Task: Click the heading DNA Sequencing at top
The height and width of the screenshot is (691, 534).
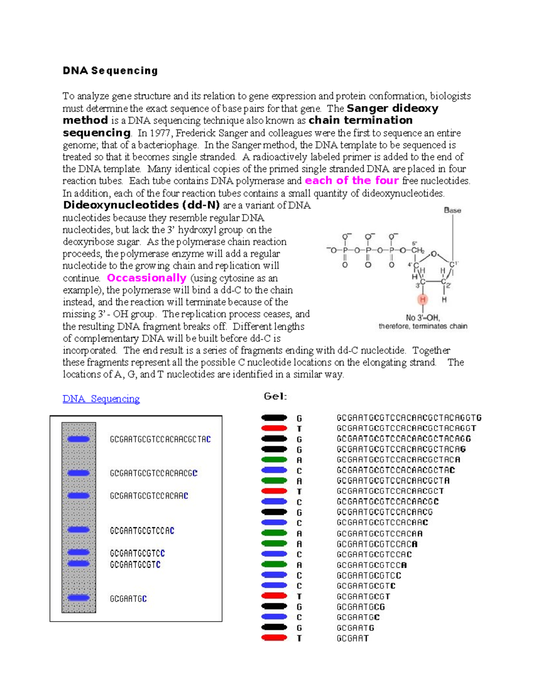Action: [x=110, y=71]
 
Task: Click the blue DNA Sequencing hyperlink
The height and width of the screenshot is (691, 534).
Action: [x=101, y=399]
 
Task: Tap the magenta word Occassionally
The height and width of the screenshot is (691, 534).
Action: [x=146, y=278]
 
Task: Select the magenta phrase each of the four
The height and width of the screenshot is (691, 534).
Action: [x=352, y=181]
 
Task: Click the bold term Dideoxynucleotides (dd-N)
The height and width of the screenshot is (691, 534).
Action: [x=142, y=205]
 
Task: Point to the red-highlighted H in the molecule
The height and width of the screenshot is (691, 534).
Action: [x=422, y=299]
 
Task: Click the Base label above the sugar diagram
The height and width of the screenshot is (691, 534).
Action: [x=452, y=210]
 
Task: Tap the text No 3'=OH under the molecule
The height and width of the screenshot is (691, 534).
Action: [x=422, y=318]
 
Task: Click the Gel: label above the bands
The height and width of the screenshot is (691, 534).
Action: [x=275, y=396]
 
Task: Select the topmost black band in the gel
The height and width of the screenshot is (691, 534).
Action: [x=274, y=418]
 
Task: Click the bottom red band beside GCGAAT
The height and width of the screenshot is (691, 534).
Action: [x=274, y=638]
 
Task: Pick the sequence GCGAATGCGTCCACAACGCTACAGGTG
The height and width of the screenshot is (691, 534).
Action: [x=409, y=418]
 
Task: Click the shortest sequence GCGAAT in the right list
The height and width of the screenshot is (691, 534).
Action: [x=352, y=638]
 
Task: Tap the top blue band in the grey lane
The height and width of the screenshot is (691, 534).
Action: [x=78, y=439]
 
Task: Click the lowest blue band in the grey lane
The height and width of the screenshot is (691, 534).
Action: [x=78, y=598]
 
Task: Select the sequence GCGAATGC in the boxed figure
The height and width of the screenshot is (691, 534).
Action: [x=128, y=599]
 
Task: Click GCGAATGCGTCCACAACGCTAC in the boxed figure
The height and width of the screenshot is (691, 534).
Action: [x=160, y=440]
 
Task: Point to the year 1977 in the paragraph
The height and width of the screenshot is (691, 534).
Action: [x=160, y=133]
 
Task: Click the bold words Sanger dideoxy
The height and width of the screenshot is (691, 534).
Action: [x=392, y=109]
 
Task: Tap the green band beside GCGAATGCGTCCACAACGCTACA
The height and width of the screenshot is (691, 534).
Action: [x=274, y=460]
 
